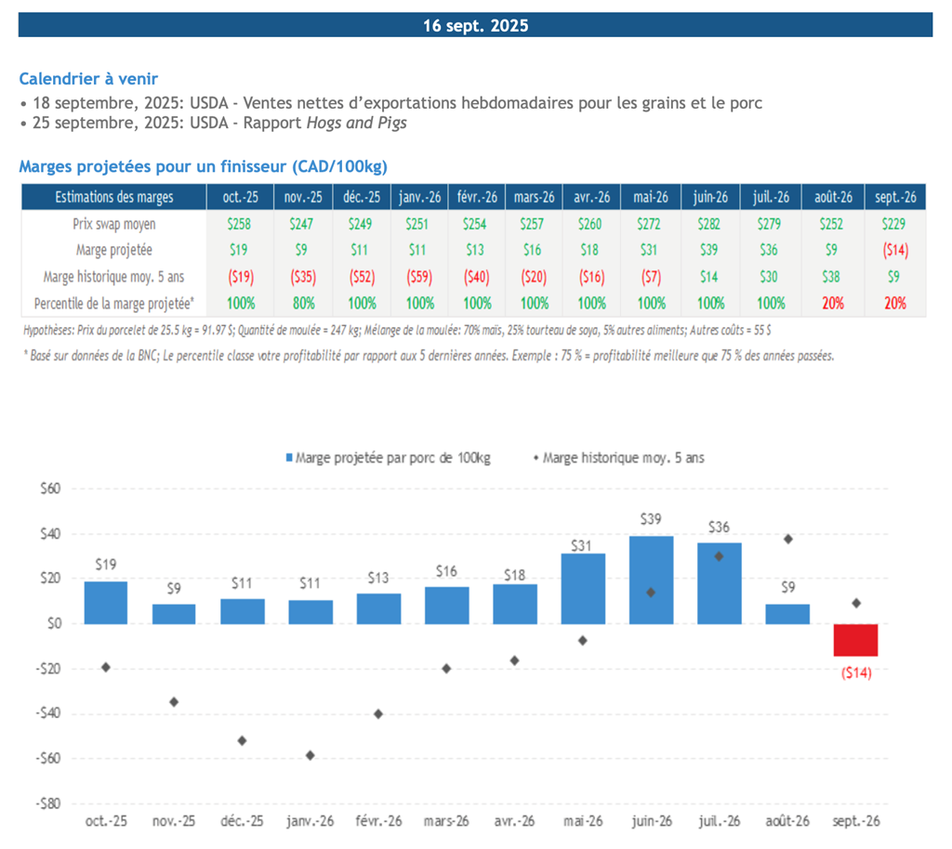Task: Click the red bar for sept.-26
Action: (855, 640)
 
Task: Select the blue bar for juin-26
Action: (651, 580)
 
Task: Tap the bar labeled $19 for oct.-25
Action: (106, 603)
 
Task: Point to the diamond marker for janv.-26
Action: (311, 755)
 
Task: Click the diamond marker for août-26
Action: (788, 539)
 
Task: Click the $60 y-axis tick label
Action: (50, 489)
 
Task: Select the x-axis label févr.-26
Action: (378, 821)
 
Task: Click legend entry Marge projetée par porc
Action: (388, 458)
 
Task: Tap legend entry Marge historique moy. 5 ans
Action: (618, 458)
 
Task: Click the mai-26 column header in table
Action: (650, 197)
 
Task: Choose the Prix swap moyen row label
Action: (114, 225)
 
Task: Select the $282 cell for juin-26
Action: (709, 225)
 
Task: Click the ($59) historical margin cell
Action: (419, 277)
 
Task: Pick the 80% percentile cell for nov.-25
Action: (304, 303)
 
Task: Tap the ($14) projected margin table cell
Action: (895, 251)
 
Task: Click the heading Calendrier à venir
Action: (88, 79)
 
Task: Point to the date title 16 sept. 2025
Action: (475, 25)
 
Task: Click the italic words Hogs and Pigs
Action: (356, 124)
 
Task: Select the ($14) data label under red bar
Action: (856, 673)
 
